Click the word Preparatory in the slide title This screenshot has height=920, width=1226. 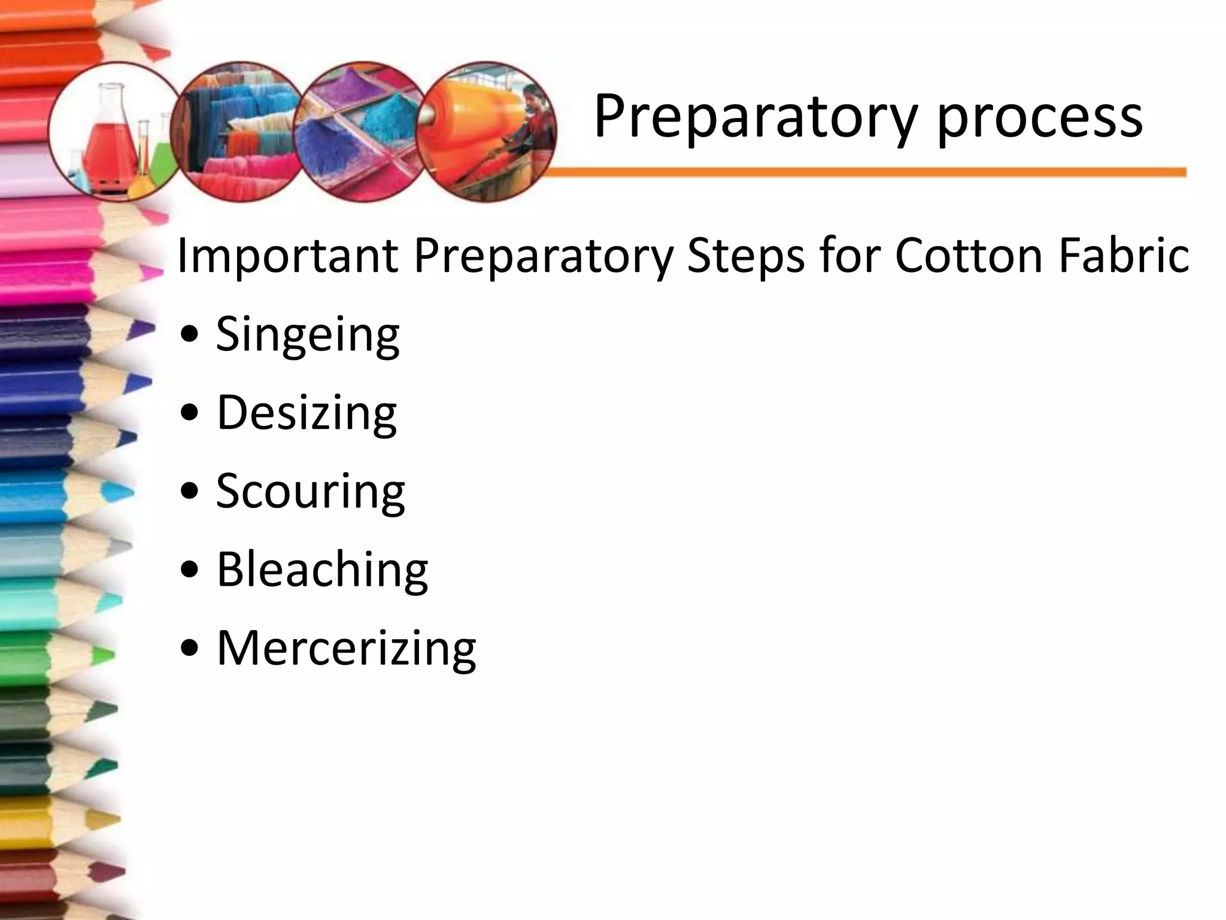point(754,117)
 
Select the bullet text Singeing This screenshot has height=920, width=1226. point(307,334)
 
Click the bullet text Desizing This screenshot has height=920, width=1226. point(306,413)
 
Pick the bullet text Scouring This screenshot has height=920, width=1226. point(310,491)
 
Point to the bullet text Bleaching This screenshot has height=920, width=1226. point(322,569)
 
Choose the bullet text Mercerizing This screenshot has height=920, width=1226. point(346,648)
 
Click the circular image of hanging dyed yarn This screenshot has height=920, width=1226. point(236,132)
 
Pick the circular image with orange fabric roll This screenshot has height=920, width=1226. point(485,132)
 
